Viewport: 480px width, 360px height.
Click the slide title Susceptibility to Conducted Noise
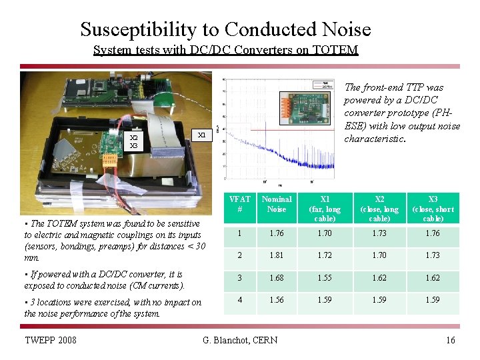225,29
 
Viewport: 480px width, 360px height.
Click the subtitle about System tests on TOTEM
225,50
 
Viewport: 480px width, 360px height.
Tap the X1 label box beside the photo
202,135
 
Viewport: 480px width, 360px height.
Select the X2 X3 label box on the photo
134,142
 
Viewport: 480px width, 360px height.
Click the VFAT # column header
239,204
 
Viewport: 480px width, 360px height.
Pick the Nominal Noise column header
276,204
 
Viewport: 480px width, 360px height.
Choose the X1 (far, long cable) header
325,209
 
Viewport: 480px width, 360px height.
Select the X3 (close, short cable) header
433,209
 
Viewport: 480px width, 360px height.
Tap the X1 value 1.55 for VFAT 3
325,279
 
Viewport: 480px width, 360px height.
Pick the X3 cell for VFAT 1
433,234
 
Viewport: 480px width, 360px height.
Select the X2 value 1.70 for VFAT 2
379,256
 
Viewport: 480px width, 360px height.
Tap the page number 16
450,341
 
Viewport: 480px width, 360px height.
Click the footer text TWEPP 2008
50,341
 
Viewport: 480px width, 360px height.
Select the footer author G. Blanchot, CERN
239,341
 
